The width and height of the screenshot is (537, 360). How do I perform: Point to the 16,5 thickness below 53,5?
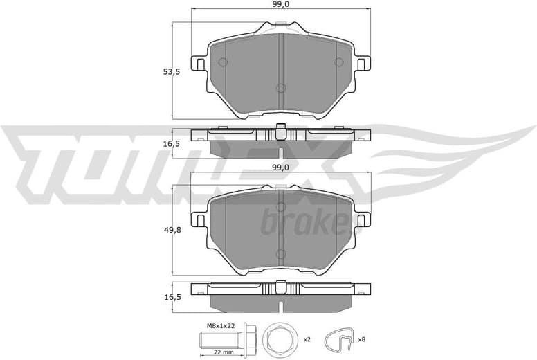point(163,143)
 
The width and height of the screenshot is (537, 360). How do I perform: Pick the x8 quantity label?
point(361,340)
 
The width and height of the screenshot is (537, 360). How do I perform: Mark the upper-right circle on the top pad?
point(338,62)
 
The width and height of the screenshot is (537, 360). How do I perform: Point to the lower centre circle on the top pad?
point(280,89)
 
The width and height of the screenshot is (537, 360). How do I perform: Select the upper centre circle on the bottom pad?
point(280,206)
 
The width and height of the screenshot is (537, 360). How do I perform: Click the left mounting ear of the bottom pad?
point(198,220)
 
